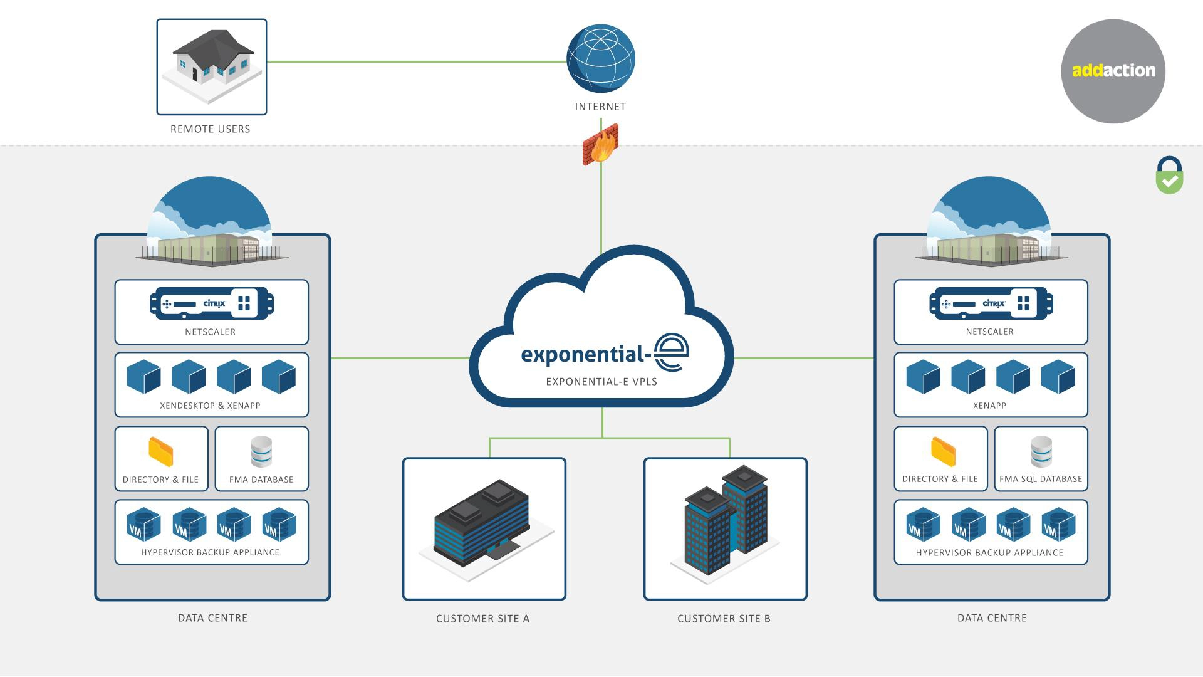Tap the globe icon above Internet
[600, 58]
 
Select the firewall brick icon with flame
[600, 144]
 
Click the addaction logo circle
[1113, 71]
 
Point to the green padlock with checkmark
[1169, 176]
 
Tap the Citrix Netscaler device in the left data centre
[212, 303]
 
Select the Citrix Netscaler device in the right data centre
[991, 303]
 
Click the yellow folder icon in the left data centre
[161, 452]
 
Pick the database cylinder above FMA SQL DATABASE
[1041, 451]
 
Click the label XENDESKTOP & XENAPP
[210, 406]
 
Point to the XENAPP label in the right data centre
[989, 406]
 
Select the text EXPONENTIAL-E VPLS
[601, 381]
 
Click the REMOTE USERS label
[211, 129]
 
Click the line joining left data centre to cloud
[399, 358]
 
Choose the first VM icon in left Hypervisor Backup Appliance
[143, 525]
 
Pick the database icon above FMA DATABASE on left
[261, 451]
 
